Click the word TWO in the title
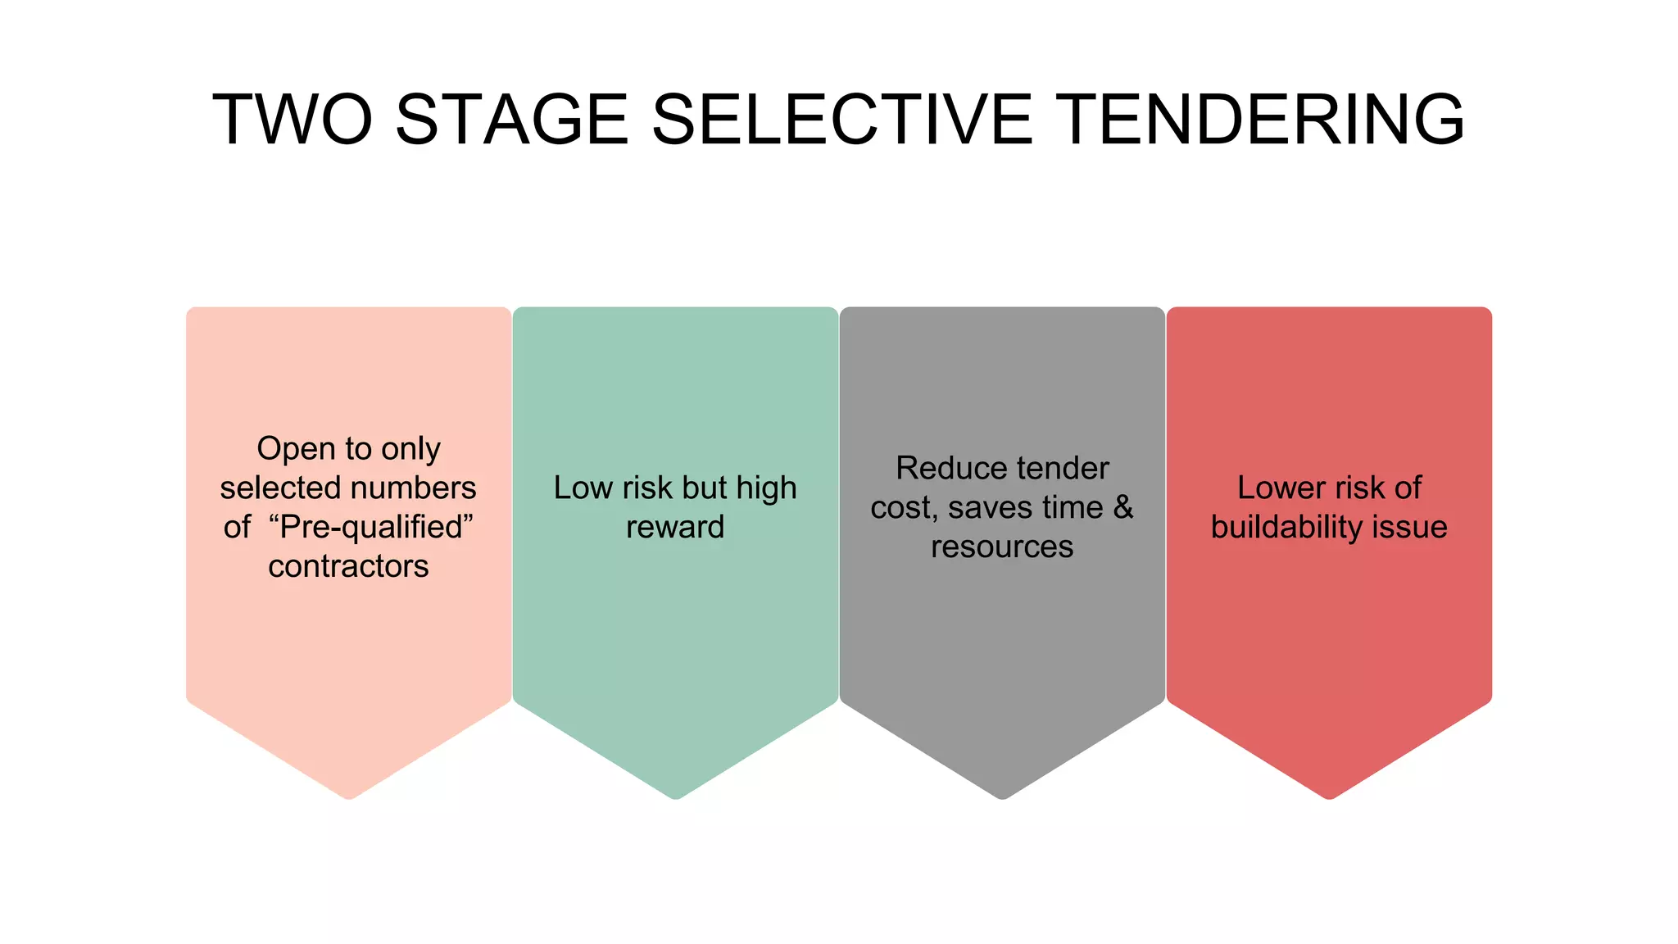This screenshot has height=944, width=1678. click(x=293, y=120)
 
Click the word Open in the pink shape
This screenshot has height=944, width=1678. click(x=295, y=449)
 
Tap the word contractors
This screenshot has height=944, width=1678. click(x=348, y=566)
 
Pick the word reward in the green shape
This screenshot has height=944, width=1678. click(x=675, y=527)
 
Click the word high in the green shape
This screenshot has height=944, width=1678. click(x=766, y=488)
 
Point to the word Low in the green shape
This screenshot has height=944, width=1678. click(x=583, y=488)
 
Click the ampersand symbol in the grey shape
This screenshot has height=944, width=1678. click(x=1123, y=507)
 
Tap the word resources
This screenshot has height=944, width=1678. click(x=1001, y=547)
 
